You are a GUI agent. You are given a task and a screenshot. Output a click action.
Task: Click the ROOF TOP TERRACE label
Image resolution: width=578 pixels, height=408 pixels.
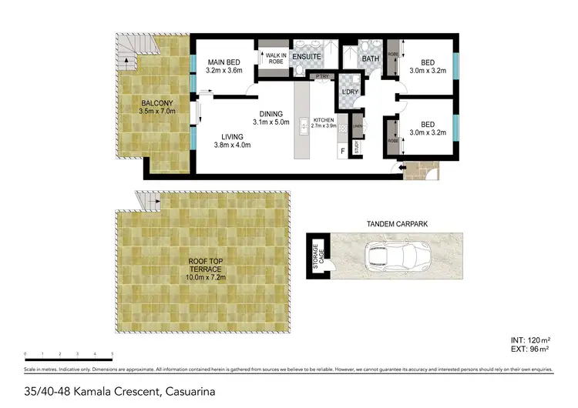tap(205, 266)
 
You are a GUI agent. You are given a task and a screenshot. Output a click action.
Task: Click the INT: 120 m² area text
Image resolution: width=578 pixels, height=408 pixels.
tap(536, 339)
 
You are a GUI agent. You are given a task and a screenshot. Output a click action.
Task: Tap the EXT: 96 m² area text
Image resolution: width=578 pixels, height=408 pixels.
tap(537, 349)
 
